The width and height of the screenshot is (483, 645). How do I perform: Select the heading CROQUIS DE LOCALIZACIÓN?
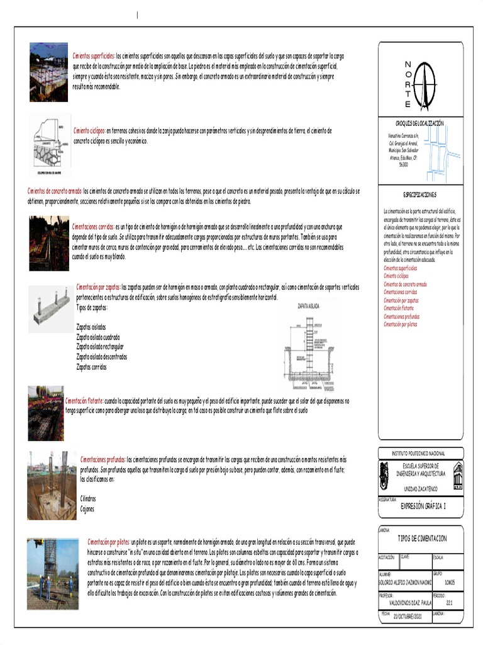coord(419,123)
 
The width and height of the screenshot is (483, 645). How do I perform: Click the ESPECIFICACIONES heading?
coord(419,195)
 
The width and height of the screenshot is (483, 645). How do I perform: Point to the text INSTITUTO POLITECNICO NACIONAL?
coord(418,454)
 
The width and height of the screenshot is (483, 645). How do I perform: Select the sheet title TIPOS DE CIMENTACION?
coord(422,539)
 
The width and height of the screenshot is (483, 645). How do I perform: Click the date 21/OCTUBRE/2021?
coord(409,617)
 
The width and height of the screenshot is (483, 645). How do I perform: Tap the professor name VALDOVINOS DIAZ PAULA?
coord(409,602)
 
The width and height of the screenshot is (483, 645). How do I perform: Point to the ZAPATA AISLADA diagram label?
coord(308,305)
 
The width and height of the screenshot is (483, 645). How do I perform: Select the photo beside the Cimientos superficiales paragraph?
coord(48,72)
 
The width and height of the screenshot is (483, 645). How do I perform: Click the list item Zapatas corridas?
coord(91,367)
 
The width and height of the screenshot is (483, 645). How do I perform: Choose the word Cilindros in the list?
coord(89,498)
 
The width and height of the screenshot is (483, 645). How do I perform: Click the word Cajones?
coord(87,509)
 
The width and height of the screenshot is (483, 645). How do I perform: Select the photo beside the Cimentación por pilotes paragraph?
coord(53,573)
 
